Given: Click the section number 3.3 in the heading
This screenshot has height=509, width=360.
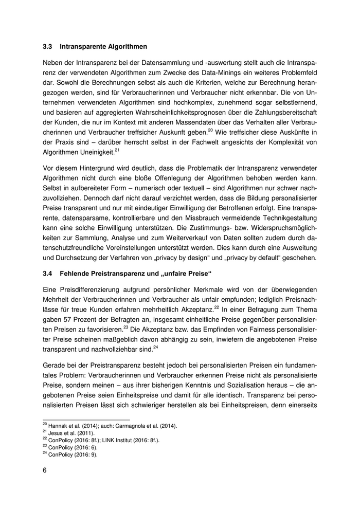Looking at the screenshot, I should point(47,47).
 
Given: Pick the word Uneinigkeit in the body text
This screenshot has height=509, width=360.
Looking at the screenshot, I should point(100,153).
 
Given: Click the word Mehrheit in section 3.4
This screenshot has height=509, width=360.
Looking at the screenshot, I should point(56,300).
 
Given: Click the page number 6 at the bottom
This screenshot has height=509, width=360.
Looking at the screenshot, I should point(45,471).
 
